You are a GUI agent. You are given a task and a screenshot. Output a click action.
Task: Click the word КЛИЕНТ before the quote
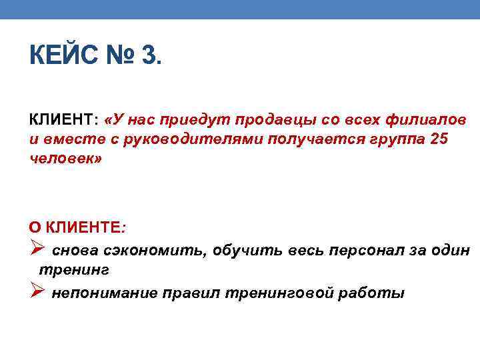coord(62,120)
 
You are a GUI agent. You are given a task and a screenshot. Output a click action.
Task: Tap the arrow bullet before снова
coord(37,249)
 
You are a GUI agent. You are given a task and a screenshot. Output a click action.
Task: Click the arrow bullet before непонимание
coord(37,292)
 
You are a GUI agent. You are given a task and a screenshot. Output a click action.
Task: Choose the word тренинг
coord(74,271)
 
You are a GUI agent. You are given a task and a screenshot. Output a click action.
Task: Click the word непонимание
coord(105,293)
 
